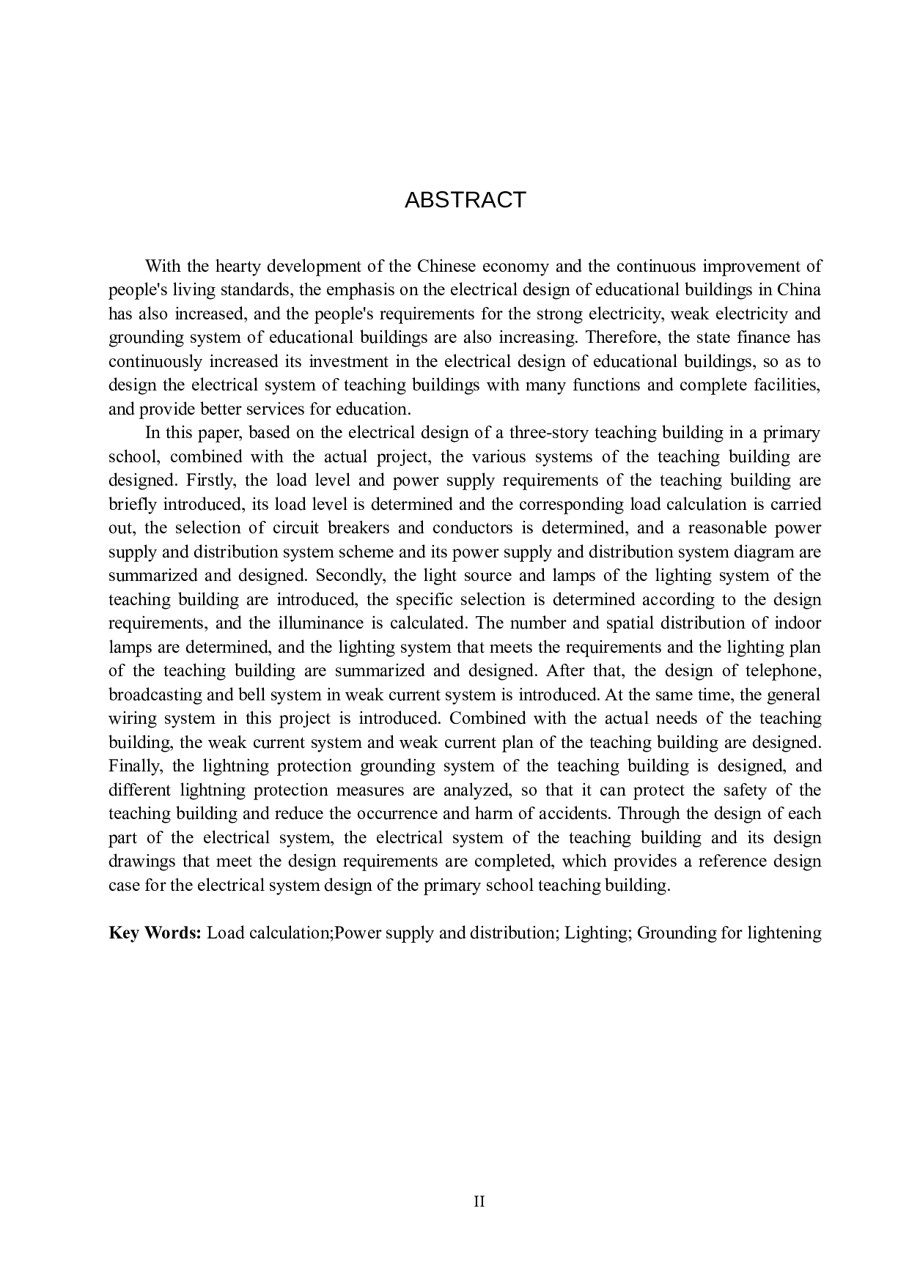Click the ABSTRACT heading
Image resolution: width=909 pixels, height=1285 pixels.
pyautogui.click(x=465, y=200)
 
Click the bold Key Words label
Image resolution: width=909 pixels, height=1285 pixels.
pyautogui.click(x=155, y=933)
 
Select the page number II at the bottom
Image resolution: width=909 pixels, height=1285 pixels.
pyautogui.click(x=479, y=1201)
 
